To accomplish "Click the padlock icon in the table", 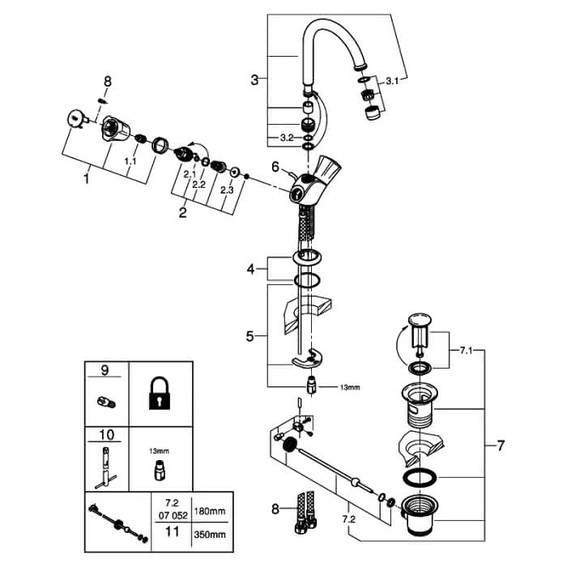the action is click(160, 394).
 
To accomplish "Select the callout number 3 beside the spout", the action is click(254, 79).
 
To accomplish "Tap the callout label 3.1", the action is click(392, 81).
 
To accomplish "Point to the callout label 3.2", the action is click(287, 138).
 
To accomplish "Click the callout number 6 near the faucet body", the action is click(275, 167).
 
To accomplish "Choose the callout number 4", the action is click(251, 269).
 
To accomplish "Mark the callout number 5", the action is click(250, 336).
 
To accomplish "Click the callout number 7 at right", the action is click(501, 446).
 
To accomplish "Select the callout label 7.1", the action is click(466, 351).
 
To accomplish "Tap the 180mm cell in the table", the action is click(210, 511).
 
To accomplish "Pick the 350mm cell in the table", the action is click(210, 535).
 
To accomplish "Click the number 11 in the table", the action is click(172, 531).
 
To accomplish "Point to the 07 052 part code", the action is click(173, 515).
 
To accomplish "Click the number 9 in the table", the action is click(104, 370).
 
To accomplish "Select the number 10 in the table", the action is click(106, 435).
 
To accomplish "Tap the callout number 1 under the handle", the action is click(86, 178).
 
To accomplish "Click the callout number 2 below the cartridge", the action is click(182, 212).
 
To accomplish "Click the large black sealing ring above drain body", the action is click(420, 478).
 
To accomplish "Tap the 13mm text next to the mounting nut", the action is click(350, 387).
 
